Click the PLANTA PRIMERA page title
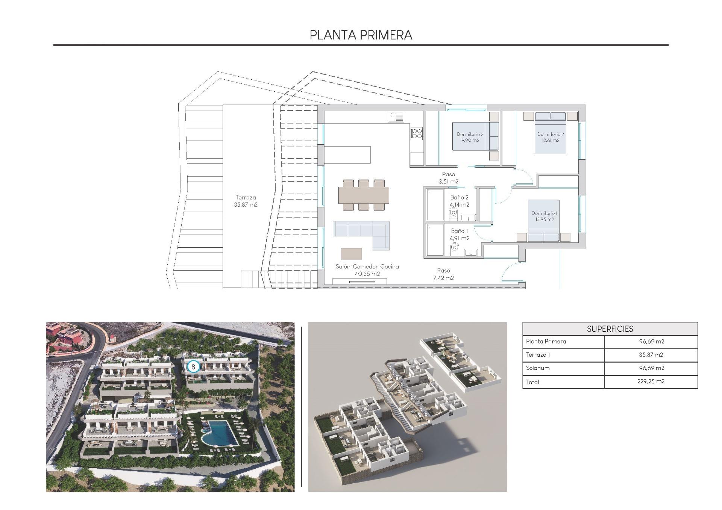tap(361, 35)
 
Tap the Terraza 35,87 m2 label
tap(246, 201)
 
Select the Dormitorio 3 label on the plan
tap(470, 137)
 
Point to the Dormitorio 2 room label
tap(551, 137)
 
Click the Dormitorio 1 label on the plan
tap(545, 216)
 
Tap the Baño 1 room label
tap(459, 235)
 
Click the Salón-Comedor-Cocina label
tap(367, 270)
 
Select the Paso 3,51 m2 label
tap(448, 178)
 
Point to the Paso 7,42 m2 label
tap(443, 274)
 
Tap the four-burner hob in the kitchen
tap(417, 133)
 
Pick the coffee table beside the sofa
tap(351, 254)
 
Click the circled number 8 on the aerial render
tap(193, 366)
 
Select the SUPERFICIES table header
tap(610, 329)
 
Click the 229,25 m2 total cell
tap(651, 381)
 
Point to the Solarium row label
tap(538, 368)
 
